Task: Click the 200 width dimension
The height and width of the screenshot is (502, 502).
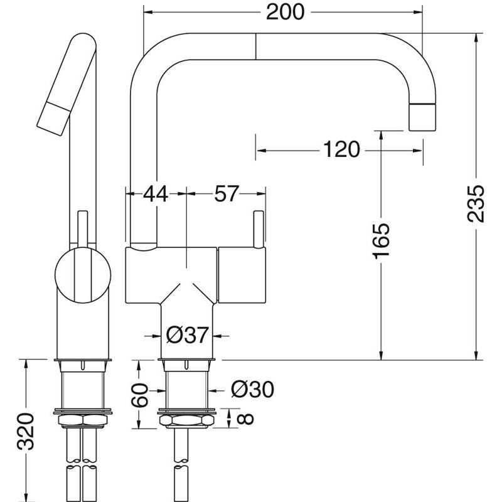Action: tap(285, 12)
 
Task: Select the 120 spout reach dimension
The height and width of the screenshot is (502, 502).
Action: tap(341, 149)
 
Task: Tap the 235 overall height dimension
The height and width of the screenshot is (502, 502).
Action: tap(476, 203)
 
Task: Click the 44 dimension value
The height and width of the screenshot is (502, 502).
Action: tap(155, 193)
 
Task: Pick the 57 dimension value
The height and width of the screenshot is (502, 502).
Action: tap(227, 193)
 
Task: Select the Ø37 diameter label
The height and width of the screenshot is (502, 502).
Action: tap(187, 335)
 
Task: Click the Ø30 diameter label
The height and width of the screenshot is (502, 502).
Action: tap(253, 389)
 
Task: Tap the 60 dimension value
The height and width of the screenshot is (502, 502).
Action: tap(140, 395)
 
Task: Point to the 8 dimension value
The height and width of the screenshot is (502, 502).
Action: tap(246, 419)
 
